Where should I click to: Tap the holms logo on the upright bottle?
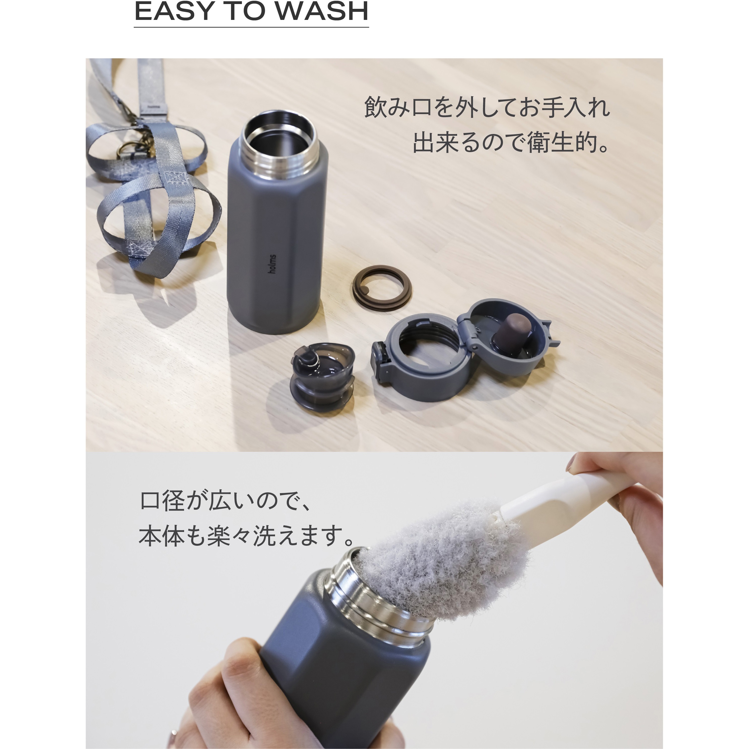point(273,264)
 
